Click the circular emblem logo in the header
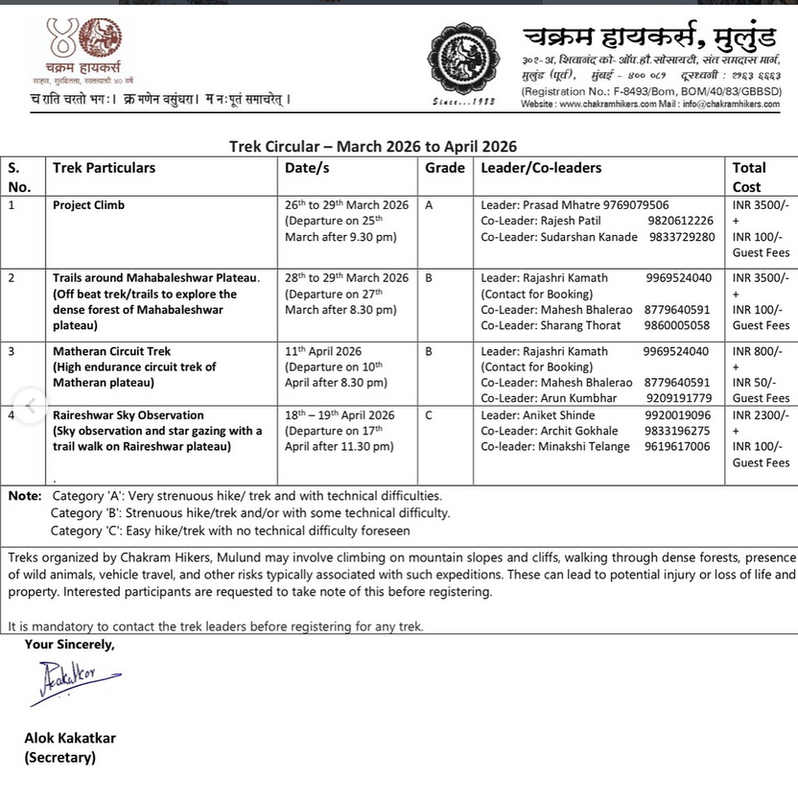[x=464, y=59]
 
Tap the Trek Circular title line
[x=372, y=147]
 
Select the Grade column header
[x=444, y=168]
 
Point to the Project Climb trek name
[x=88, y=205]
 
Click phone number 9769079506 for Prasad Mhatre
[x=636, y=205]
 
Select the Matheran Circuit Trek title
[x=111, y=351]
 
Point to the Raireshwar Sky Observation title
[x=128, y=415]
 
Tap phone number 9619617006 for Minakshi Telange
[x=677, y=447]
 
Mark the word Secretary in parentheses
[x=60, y=758]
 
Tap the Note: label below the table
[x=24, y=496]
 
